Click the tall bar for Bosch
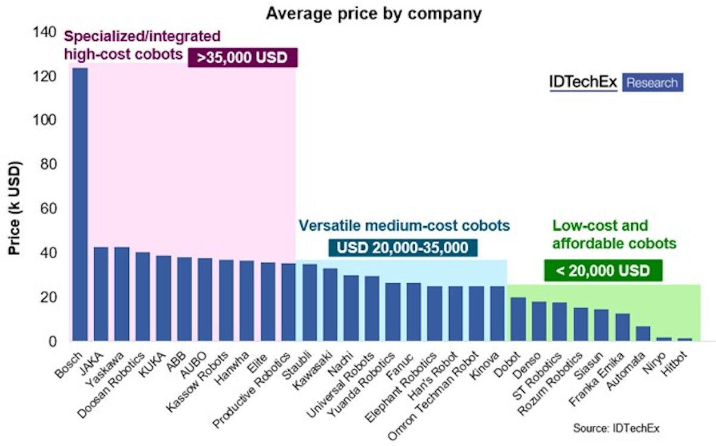tap(80, 205)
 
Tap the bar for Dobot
tap(518, 319)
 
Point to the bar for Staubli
tap(309, 302)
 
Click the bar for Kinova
tap(497, 314)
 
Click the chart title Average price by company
tap(374, 13)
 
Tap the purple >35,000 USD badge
tap(242, 58)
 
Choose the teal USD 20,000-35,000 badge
tap(402, 248)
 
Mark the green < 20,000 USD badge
tap(603, 271)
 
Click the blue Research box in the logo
tap(652, 83)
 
